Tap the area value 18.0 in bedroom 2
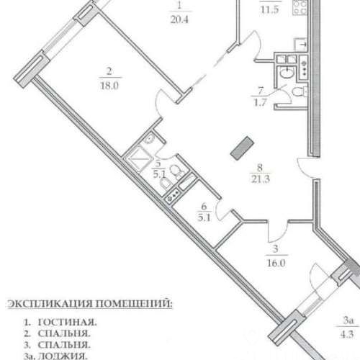109,82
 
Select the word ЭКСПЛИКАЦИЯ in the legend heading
48,305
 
